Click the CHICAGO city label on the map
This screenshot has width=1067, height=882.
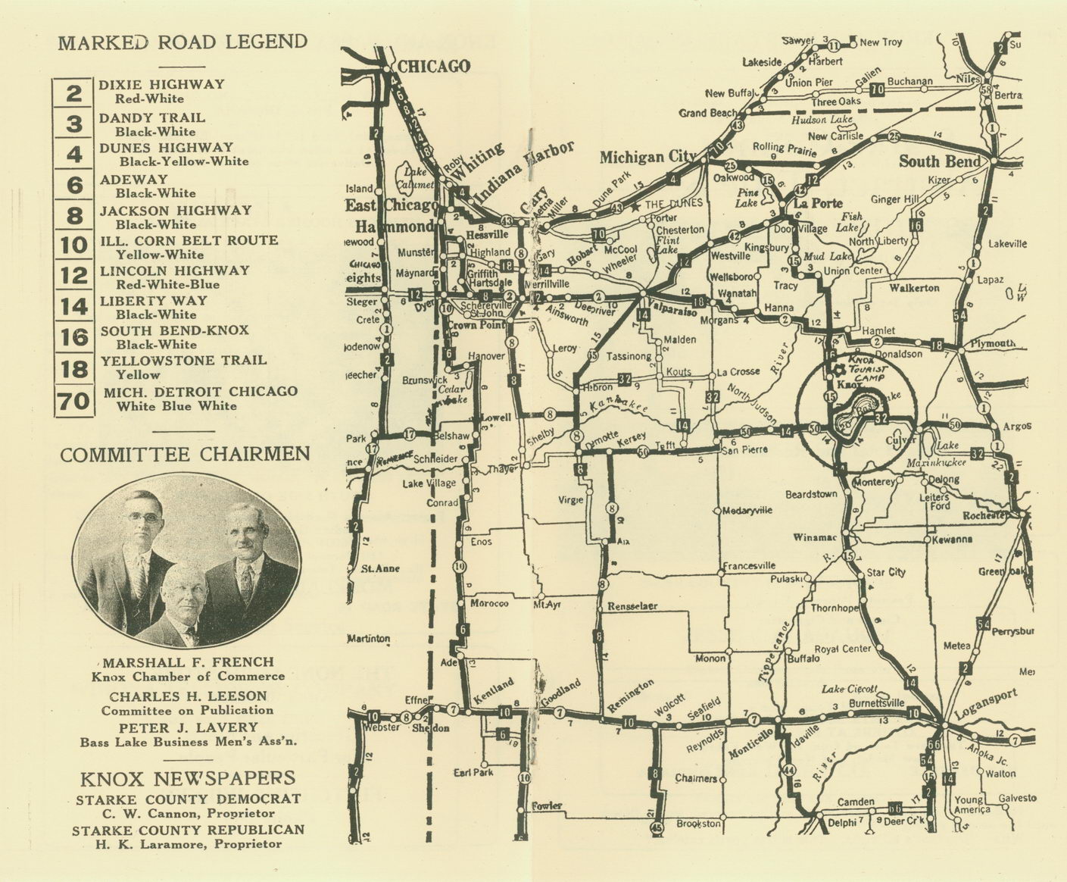coord(434,67)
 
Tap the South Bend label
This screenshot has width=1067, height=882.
coord(939,161)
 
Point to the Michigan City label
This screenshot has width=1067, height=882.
coord(647,158)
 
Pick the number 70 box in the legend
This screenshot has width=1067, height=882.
coord(74,399)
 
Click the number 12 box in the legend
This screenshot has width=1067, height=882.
coord(74,276)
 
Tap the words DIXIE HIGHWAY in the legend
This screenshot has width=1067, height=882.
coord(161,84)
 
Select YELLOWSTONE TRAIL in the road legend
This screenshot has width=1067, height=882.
coord(183,360)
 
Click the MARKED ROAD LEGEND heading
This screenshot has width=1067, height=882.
coord(183,42)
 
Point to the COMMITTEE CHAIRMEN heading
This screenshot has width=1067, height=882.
coord(185,455)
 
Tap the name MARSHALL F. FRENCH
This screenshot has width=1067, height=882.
coord(189,662)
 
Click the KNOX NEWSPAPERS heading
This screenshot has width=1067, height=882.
coord(189,778)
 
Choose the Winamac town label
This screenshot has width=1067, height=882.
coord(814,538)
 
